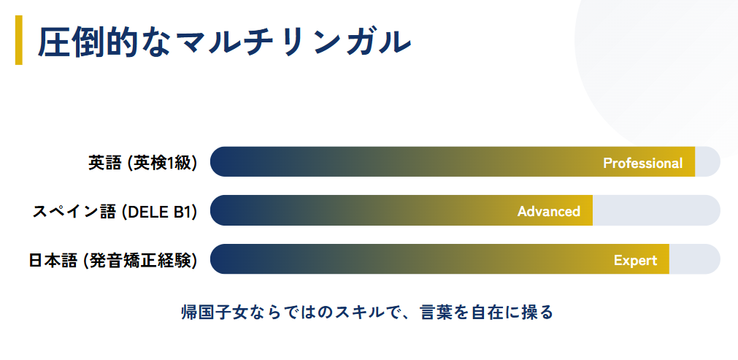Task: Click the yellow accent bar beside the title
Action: click(x=19, y=40)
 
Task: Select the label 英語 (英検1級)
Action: click(x=142, y=162)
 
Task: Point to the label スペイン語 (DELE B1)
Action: click(x=115, y=211)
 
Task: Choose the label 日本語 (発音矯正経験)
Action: click(x=113, y=260)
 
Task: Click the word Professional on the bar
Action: click(x=643, y=163)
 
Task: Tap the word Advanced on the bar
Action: click(x=549, y=211)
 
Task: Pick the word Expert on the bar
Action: click(x=635, y=260)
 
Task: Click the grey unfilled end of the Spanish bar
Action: click(x=656, y=210)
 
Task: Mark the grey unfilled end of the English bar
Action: click(x=707, y=161)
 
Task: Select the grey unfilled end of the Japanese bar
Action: click(x=695, y=258)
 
